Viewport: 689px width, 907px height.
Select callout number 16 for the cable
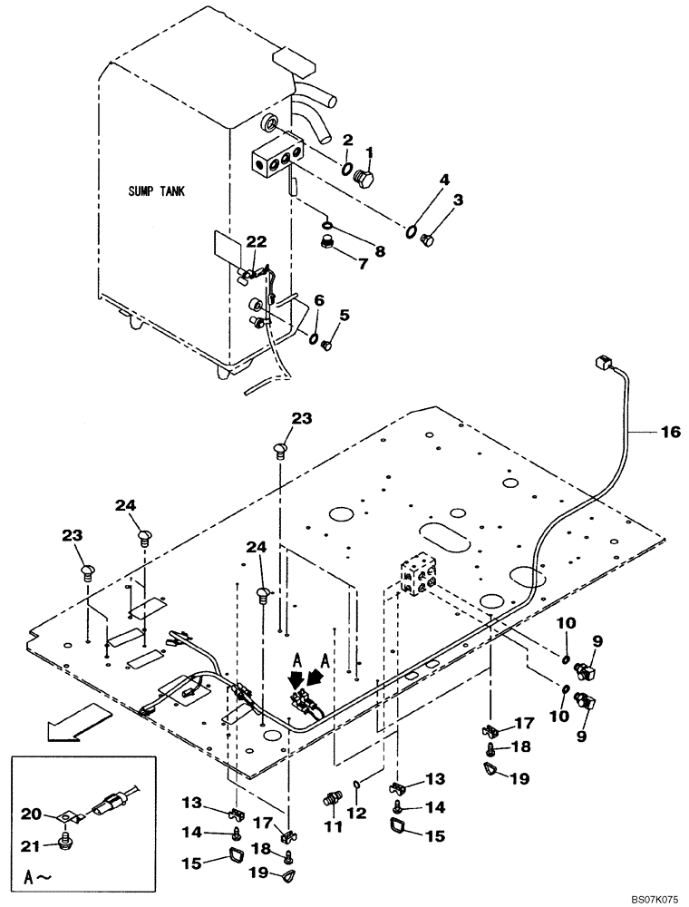click(x=669, y=434)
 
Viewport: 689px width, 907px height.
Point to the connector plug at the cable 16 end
click(x=603, y=364)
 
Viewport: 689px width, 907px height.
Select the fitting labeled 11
click(x=332, y=799)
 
